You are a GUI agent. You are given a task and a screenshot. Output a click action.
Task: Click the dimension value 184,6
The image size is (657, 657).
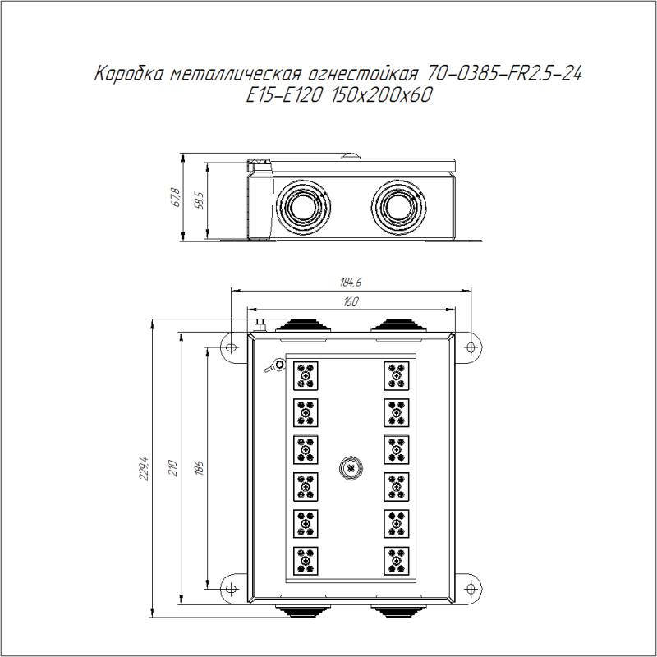coord(351,282)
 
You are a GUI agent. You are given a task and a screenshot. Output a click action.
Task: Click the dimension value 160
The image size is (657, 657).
coord(351,302)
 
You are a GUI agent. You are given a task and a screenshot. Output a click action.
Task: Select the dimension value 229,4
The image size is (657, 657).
coord(145,468)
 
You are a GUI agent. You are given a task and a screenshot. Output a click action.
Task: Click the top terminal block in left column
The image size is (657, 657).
coord(306,374)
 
